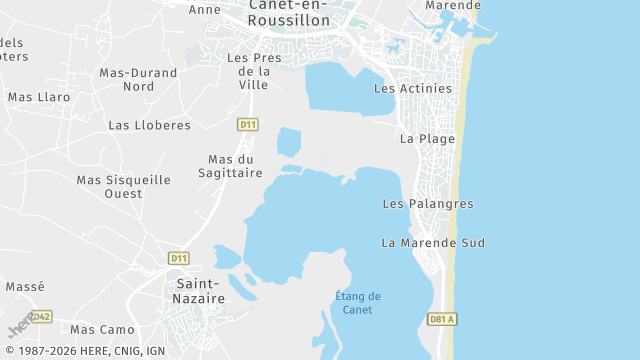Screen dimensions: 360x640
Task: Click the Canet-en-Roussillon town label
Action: click(289, 12)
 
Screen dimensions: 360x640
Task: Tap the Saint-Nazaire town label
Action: click(193, 291)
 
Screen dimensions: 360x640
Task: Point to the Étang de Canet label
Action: click(357, 302)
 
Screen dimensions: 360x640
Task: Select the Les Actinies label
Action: click(412, 88)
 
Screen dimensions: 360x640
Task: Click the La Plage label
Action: click(427, 139)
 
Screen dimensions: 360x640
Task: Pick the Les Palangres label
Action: click(428, 204)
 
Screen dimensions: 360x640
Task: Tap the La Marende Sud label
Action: click(433, 243)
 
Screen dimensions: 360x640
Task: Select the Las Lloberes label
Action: click(149, 125)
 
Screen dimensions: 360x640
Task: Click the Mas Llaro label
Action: click(39, 97)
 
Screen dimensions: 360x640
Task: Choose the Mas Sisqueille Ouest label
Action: click(123, 186)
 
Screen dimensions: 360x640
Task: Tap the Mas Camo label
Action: click(102, 329)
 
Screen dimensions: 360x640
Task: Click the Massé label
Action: click(25, 286)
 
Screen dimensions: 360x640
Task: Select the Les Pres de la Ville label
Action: click(254, 71)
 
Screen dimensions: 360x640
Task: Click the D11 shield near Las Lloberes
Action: click(248, 124)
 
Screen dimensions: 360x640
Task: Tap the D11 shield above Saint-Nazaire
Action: click(179, 258)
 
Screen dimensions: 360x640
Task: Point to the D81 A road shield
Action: click(441, 319)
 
